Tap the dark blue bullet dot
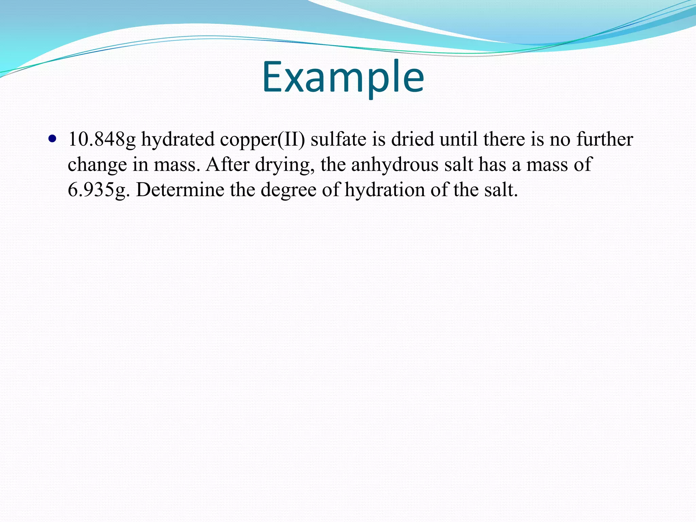[52, 139]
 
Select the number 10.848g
[102, 139]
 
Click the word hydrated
[178, 139]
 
